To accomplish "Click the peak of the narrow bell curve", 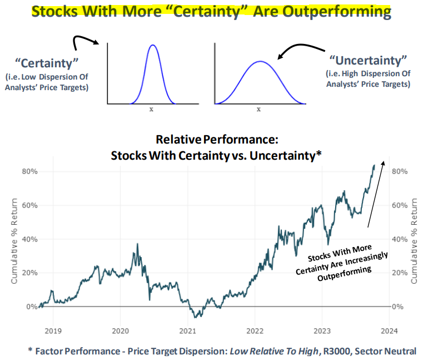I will click(x=153, y=45).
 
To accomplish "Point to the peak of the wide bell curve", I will click(x=259, y=61).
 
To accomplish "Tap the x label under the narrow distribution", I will click(x=151, y=109).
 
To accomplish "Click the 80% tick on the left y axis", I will click(x=30, y=171).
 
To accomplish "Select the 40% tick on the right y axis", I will click(x=400, y=239).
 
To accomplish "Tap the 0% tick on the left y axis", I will click(x=33, y=307).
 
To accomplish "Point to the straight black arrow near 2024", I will click(x=375, y=195).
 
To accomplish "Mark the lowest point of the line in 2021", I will click(x=196, y=317).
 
